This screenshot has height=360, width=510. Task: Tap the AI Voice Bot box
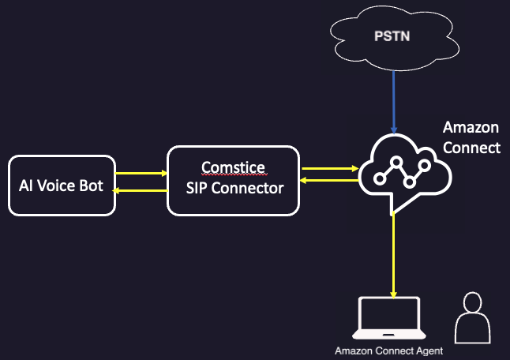[x=61, y=186]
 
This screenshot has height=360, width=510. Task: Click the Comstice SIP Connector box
[x=233, y=179]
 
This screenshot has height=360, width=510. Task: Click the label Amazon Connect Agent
[x=388, y=351]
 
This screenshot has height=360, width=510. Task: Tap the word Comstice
[x=233, y=167]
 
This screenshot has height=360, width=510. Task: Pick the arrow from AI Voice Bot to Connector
[x=141, y=172]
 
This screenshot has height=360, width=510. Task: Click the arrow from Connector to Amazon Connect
[x=328, y=167]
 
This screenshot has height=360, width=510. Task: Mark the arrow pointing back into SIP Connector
[x=328, y=182]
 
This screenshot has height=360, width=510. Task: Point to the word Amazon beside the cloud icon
[x=471, y=128]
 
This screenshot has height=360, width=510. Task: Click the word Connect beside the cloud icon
[x=471, y=147]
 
